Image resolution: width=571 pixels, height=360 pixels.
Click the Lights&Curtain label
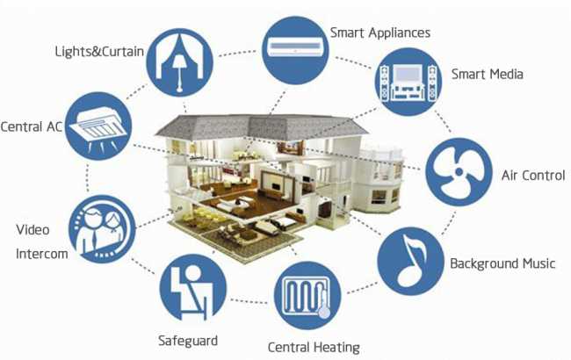click(x=99, y=51)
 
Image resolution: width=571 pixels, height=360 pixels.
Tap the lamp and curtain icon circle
click(x=179, y=62)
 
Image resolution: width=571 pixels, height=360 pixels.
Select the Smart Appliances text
click(x=380, y=32)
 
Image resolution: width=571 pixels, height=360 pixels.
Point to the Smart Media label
click(x=488, y=75)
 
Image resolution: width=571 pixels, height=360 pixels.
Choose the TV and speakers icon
click(x=408, y=83)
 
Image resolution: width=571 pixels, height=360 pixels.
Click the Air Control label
click(x=533, y=176)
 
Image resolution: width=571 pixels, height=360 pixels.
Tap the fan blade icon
click(x=459, y=172)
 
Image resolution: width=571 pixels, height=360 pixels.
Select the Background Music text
click(x=502, y=263)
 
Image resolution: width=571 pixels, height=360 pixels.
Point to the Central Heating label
click(x=314, y=347)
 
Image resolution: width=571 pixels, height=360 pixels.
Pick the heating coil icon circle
click(x=307, y=296)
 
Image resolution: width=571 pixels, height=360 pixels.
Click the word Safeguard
click(x=188, y=341)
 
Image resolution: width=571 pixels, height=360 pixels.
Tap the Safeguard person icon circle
click(x=193, y=288)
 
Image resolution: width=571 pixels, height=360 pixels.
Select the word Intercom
click(x=42, y=254)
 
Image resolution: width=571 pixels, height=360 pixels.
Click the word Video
click(x=33, y=230)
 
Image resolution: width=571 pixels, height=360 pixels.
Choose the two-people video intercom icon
click(x=102, y=229)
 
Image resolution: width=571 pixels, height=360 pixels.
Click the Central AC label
click(x=32, y=126)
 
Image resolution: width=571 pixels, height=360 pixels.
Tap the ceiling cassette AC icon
click(x=98, y=126)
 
